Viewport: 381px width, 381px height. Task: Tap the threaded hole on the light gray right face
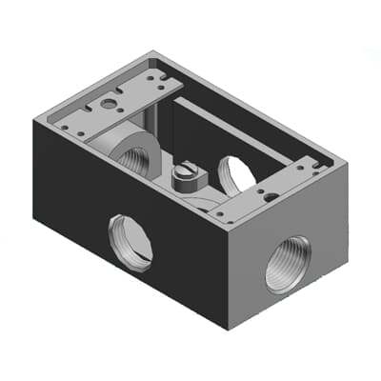(x=287, y=263)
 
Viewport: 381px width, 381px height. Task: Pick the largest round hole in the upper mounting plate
(x=110, y=102)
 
